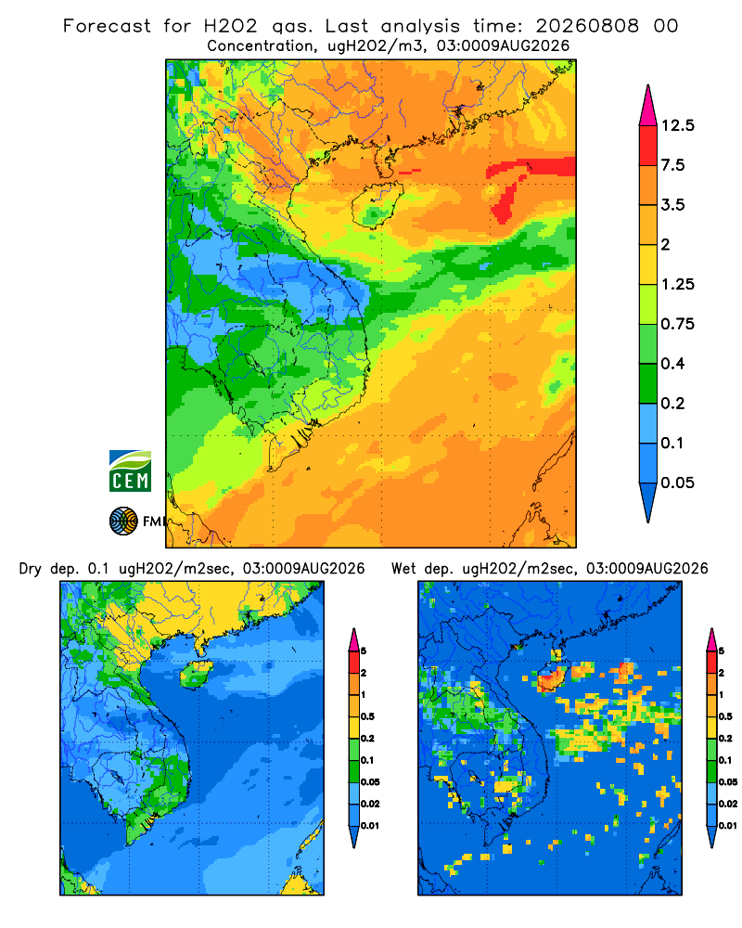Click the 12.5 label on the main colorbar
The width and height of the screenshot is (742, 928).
point(677,125)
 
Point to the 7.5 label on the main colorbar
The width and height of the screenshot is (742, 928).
point(672,165)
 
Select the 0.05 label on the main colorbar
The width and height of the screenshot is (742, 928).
point(677,483)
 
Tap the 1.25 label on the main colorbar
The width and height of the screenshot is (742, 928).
point(677,284)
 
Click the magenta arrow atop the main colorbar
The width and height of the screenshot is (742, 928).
point(648,107)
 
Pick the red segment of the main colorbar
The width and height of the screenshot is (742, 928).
point(648,146)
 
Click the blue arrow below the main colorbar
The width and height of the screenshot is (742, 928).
point(648,501)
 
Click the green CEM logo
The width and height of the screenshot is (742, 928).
point(130,470)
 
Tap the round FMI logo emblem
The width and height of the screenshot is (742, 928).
point(123,521)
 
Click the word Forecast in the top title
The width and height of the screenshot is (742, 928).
point(107,26)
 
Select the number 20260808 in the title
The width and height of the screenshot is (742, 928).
point(587,26)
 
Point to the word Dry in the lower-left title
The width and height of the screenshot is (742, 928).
point(31,569)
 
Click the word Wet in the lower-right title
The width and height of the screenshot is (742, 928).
point(404,569)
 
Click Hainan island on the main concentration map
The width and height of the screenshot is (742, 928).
point(377,205)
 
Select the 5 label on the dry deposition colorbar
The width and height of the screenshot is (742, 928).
point(364,651)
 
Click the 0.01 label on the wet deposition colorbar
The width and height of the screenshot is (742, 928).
point(728,826)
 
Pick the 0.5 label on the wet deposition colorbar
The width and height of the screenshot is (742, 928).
point(725,716)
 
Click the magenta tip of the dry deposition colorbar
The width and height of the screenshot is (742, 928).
point(353,639)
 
